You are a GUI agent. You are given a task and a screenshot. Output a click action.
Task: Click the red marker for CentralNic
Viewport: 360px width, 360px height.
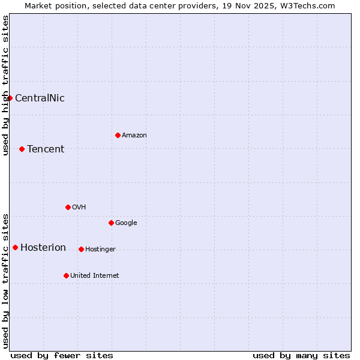(x=10, y=98)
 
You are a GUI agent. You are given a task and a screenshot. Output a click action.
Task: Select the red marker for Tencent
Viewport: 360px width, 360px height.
(x=22, y=149)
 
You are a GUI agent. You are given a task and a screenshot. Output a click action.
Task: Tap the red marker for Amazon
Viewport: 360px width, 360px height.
(x=118, y=135)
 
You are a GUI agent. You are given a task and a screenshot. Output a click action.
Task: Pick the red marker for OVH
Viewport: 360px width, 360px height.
(x=68, y=207)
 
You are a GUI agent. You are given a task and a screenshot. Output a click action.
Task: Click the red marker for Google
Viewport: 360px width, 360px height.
(x=111, y=223)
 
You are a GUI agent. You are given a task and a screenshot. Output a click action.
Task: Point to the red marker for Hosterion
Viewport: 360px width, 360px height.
(x=15, y=247)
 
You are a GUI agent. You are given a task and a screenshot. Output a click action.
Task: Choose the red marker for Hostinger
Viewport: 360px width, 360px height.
(x=81, y=249)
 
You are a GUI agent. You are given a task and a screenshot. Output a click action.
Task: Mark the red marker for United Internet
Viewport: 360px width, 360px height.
(x=66, y=275)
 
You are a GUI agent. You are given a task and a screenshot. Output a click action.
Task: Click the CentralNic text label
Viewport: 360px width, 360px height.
(x=40, y=98)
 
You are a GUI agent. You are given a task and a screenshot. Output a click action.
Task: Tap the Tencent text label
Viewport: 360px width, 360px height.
(x=46, y=149)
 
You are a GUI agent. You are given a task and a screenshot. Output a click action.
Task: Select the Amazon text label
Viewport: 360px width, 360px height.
(x=134, y=135)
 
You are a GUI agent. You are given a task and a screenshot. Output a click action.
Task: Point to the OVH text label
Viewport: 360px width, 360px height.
(x=79, y=207)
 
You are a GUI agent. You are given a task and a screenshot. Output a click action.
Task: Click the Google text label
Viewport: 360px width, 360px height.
(x=126, y=223)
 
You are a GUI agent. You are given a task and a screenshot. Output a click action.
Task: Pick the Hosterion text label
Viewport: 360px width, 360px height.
(x=43, y=247)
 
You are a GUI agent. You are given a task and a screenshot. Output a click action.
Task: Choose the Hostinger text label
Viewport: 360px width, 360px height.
(x=100, y=249)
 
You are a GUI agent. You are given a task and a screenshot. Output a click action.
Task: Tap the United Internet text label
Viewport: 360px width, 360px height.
(x=95, y=275)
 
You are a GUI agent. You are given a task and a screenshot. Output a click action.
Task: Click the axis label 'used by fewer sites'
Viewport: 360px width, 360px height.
(x=62, y=355)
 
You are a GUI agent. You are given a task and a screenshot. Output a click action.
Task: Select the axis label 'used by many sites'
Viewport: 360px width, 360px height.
(x=301, y=355)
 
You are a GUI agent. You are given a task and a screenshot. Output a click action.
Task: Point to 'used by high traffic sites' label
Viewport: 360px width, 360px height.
(x=5, y=85)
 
